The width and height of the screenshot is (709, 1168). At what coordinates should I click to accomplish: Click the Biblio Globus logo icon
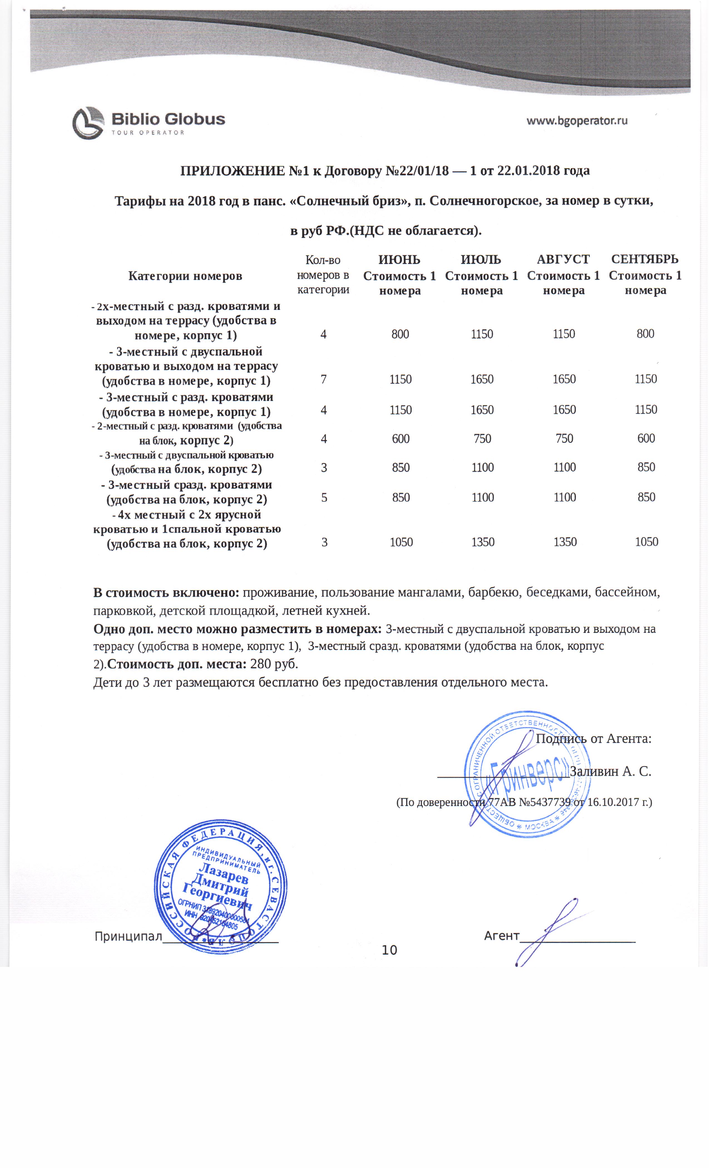pyautogui.click(x=88, y=123)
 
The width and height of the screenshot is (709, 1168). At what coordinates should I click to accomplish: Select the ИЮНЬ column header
pyautogui.click(x=399, y=260)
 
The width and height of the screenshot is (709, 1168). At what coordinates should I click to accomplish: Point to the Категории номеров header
pyautogui.click(x=185, y=276)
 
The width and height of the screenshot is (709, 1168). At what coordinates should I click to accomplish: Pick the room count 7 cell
pyautogui.click(x=324, y=379)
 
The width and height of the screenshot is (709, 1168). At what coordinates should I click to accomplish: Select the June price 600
pyautogui.click(x=401, y=438)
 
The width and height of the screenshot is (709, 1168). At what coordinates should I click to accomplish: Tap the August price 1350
pyautogui.click(x=564, y=542)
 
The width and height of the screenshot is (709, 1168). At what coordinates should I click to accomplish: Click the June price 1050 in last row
pyautogui.click(x=401, y=542)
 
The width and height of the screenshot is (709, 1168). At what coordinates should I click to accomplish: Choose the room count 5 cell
pyautogui.click(x=324, y=497)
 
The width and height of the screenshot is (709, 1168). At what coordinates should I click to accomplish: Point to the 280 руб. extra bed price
pyautogui.click(x=274, y=663)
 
